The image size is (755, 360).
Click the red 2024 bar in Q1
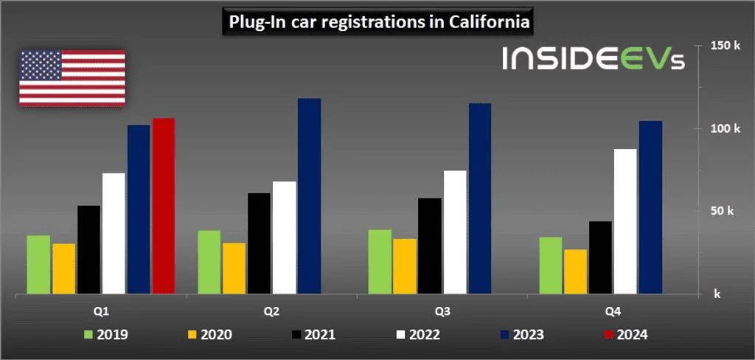(163, 207)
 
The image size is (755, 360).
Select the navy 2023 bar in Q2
(309, 196)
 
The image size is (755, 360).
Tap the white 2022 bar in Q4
(625, 222)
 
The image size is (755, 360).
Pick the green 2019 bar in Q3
(380, 262)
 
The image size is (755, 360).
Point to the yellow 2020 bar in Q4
(576, 272)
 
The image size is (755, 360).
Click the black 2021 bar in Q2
(259, 243)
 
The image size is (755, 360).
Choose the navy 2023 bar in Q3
(480, 199)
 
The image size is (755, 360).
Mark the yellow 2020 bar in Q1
(63, 269)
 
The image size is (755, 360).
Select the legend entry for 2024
(625, 335)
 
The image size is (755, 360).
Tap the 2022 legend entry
(417, 335)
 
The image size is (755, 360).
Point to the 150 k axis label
(725, 46)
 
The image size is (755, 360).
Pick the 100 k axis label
(725, 128)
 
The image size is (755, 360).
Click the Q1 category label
(100, 311)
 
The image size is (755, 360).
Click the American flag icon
(72, 78)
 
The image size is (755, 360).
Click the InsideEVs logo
(593, 59)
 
